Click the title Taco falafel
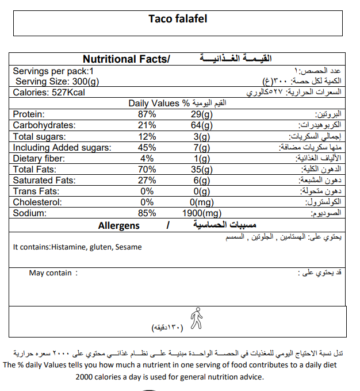pos(178,19)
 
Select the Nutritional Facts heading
pos(127,59)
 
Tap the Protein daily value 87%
pos(147,114)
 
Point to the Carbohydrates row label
pos(44,125)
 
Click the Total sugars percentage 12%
pos(147,137)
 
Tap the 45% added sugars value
pos(147,148)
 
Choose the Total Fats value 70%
pos(147,170)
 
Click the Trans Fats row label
pos(37,191)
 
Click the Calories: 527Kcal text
pos(49,92)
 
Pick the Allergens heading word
pos(118,225)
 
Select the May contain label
pos(51,273)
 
